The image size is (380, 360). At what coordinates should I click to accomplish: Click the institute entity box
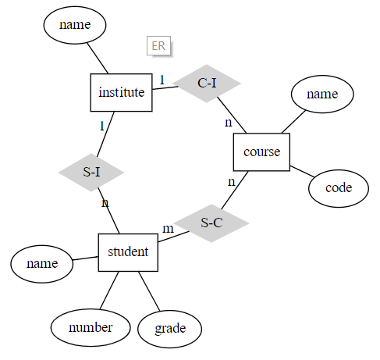(121, 92)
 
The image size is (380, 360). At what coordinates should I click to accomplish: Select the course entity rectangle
(261, 151)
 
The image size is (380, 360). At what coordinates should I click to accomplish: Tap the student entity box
(129, 251)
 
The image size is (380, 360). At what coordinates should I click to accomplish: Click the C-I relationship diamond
(207, 83)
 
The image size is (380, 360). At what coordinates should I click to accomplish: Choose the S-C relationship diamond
(211, 223)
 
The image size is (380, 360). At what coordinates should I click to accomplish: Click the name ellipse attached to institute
(74, 25)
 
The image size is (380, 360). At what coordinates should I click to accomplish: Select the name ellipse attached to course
(321, 94)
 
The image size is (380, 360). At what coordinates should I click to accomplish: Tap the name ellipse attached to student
(42, 263)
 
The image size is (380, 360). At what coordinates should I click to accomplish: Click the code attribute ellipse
(338, 187)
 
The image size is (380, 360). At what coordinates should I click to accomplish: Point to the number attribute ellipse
(90, 327)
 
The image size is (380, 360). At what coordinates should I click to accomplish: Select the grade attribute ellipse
(170, 328)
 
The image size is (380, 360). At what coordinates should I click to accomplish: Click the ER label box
(158, 46)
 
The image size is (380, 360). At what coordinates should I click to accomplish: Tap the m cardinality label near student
(168, 229)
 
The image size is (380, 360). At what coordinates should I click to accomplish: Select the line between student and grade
(149, 291)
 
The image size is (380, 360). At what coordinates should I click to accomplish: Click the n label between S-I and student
(105, 204)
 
